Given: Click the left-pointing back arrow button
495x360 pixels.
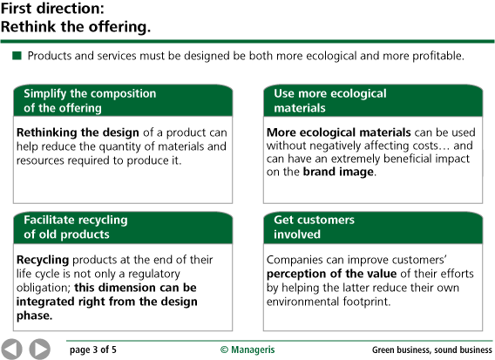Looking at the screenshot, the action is coord(11,350).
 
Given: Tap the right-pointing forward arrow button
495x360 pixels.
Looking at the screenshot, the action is coord(40,350).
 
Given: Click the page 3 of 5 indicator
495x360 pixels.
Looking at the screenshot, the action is coord(92,350).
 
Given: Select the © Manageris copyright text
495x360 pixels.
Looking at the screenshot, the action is coord(247,350).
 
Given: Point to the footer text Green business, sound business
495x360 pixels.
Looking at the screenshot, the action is coord(432,350).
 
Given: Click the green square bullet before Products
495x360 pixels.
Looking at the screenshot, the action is coord(17,56).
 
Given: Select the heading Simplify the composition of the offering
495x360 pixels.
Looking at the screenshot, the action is coord(90,101).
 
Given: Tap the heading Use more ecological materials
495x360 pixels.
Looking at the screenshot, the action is coord(330,101).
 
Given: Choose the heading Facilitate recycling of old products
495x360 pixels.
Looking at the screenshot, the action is coord(76,227).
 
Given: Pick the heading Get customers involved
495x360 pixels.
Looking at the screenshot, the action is coord(314,227).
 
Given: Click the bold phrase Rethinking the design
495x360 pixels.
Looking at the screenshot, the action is coord(78,132).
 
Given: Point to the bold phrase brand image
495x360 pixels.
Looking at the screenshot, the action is coord(338,172).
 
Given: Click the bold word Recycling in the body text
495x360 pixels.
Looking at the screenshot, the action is coord(43,260).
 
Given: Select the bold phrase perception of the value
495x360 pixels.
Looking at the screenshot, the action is coord(331,274).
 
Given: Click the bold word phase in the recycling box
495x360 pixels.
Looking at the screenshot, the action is coord(34,316).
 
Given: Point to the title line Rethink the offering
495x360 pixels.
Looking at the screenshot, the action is coord(76,26).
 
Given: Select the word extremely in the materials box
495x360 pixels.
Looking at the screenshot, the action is coord(356,159).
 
